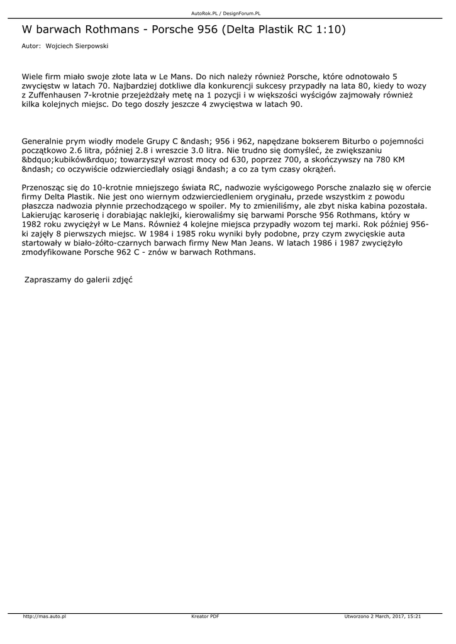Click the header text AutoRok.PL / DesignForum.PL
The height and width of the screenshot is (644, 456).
click(x=226, y=13)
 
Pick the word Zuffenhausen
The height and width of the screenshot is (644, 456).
click(x=59, y=95)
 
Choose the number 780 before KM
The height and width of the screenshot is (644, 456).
click(x=381, y=160)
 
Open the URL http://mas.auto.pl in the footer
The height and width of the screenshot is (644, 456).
click(x=45, y=616)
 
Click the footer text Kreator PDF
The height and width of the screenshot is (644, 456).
click(x=205, y=616)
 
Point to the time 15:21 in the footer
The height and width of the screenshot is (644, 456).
click(x=414, y=616)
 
